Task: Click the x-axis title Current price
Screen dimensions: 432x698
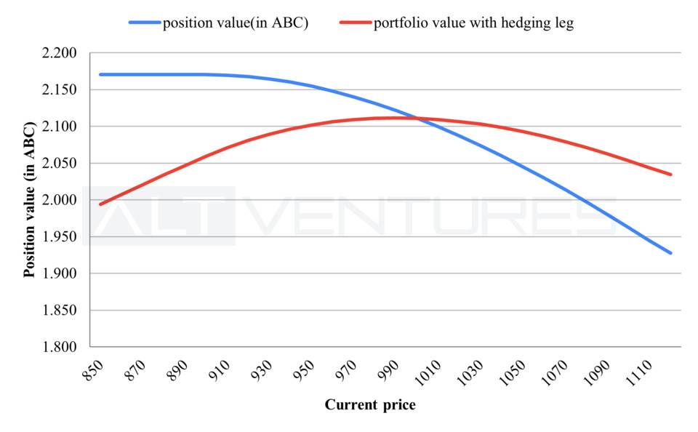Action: (370, 405)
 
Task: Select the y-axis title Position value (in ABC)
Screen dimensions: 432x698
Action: (30, 201)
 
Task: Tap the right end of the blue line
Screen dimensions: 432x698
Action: (670, 253)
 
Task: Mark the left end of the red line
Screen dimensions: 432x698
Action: (100, 204)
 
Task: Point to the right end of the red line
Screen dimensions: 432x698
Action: (670, 175)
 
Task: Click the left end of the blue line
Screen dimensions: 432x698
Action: (100, 74)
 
